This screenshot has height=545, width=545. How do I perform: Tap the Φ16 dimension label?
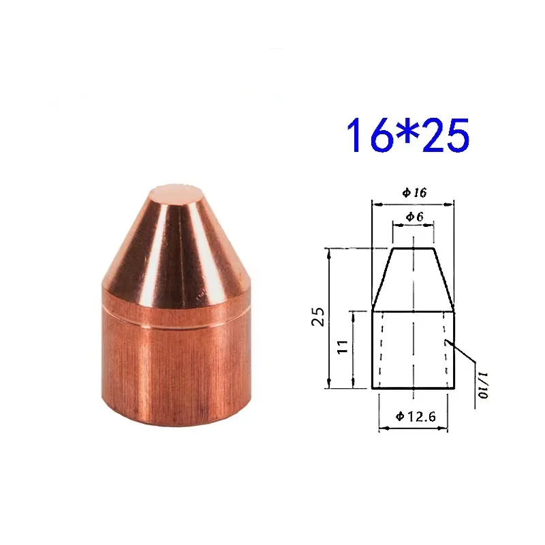tap(414, 193)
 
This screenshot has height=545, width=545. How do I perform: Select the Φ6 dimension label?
tap(414, 217)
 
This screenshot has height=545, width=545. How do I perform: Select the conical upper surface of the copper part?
tap(167, 252)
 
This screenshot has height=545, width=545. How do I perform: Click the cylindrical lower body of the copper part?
tap(167, 375)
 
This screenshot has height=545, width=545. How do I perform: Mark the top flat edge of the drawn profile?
tap(414, 249)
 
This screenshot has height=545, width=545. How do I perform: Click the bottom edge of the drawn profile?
tap(414, 389)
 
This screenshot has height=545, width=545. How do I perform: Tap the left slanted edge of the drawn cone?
tap(383, 279)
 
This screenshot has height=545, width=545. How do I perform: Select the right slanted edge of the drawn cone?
tap(444, 279)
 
